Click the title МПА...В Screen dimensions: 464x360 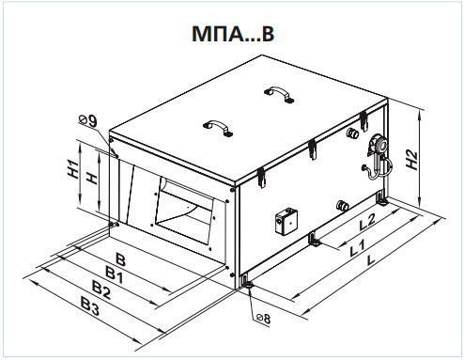point(233,34)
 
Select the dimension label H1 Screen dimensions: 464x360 point(73,169)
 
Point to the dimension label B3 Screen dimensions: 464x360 point(90,306)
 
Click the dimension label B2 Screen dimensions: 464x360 point(101,290)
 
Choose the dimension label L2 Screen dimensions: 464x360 point(366,222)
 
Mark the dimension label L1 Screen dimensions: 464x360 point(357,248)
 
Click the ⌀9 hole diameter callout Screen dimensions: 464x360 point(88,120)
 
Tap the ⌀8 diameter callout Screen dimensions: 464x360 point(264,319)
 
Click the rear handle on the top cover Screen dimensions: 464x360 point(279,94)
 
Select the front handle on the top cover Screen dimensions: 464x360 point(218,127)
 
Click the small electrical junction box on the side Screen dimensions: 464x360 point(286,222)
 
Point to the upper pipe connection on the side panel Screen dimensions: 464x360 point(353,133)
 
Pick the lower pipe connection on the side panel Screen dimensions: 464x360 point(342,206)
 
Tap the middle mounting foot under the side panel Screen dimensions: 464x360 point(315,239)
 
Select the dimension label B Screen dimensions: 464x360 point(120,259)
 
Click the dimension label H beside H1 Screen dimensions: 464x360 point(91,179)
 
